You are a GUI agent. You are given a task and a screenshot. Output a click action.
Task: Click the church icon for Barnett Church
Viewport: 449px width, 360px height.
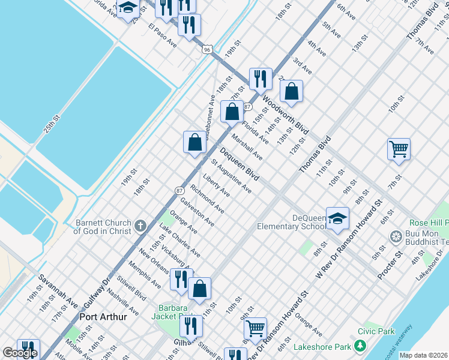140,226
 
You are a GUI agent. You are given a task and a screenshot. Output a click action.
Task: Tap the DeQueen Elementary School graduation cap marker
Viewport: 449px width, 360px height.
338,219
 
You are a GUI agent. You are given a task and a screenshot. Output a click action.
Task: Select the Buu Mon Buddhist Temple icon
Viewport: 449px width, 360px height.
396,236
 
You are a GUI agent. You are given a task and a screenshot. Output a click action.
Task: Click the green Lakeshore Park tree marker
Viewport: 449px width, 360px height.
360,346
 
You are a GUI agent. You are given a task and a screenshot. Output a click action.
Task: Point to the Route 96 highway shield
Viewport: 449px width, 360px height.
207,49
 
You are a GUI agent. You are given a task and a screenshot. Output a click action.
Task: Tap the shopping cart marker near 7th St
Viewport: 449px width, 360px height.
399,149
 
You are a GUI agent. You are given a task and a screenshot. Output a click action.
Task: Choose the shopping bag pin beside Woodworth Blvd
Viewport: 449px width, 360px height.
291,92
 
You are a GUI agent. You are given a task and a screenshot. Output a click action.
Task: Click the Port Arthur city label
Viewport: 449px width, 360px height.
103,317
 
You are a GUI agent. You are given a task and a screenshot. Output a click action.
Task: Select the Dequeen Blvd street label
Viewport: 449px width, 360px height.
240,164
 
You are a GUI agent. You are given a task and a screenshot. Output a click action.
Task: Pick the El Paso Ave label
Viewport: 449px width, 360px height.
163,35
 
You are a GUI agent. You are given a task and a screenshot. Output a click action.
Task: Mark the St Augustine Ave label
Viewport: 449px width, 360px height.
231,176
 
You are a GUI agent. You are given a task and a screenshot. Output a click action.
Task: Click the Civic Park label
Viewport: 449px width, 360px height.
376,331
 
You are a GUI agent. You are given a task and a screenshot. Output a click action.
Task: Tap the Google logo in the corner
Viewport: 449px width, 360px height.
20,353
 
